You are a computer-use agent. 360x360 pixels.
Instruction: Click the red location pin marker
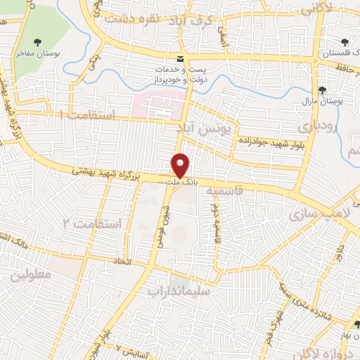point(181,166)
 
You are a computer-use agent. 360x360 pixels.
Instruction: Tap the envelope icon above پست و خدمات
point(181,58)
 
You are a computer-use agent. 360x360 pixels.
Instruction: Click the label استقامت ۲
point(92,224)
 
